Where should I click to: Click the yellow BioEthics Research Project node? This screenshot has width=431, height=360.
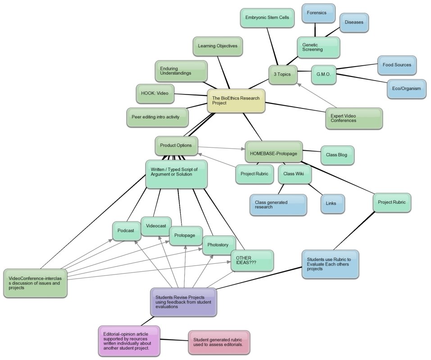click(x=236, y=100)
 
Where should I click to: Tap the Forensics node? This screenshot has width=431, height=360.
click(x=318, y=13)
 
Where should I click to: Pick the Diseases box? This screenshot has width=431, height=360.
click(x=354, y=22)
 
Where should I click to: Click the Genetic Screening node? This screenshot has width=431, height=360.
click(x=318, y=47)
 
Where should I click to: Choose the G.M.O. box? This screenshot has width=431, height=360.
click(x=324, y=75)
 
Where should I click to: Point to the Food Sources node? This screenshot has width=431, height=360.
click(x=397, y=65)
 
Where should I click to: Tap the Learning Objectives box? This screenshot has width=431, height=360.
click(x=218, y=46)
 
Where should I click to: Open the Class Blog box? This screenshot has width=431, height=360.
click(x=337, y=155)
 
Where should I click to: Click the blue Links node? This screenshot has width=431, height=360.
click(x=332, y=203)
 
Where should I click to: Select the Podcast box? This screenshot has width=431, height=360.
click(x=126, y=231)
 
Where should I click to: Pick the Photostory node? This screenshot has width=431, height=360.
click(x=218, y=245)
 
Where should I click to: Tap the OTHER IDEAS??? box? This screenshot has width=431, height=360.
click(x=252, y=261)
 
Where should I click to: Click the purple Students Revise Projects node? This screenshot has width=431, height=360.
click(x=183, y=301)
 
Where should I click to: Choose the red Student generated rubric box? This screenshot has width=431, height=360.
click(x=218, y=342)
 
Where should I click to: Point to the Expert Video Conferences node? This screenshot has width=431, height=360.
click(x=354, y=118)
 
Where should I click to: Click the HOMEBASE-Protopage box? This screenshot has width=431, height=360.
click(x=273, y=152)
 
